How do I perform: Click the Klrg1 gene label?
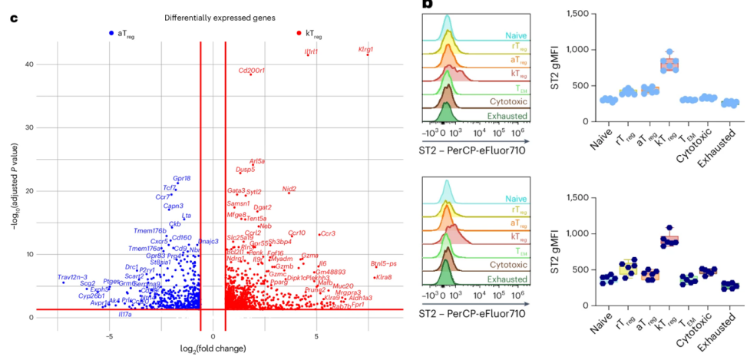[x=365, y=49]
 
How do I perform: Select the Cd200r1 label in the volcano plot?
[x=251, y=71]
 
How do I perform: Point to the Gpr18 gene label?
[x=182, y=178]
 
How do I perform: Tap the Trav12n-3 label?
[x=72, y=277]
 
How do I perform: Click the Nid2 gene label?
[x=289, y=189]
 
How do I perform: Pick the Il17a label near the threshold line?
[x=125, y=314]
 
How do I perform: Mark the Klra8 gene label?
[x=382, y=276]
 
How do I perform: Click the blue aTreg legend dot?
[x=111, y=33]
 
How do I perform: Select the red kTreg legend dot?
[x=299, y=33]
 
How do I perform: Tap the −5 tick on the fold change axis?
[x=109, y=335]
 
